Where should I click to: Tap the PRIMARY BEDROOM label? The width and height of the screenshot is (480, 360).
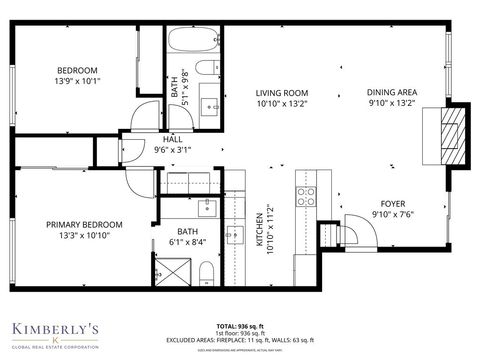click(84, 224)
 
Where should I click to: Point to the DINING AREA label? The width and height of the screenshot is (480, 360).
click(392, 91)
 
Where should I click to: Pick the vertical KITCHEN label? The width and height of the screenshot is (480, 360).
click(259, 233)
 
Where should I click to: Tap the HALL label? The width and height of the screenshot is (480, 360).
click(173, 139)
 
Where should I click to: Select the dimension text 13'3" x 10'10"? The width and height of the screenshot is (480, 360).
click(84, 236)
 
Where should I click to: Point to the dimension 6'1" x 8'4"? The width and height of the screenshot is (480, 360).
click(188, 240)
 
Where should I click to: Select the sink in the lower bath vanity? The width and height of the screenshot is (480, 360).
click(208, 207)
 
